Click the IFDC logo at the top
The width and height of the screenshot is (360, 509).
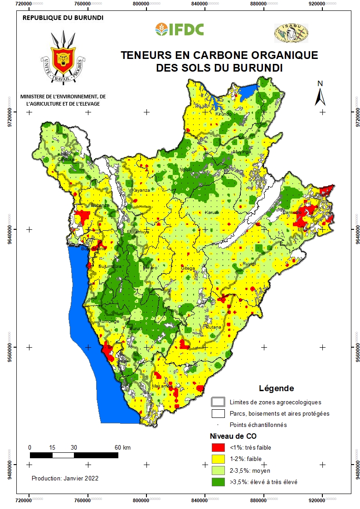[180, 29]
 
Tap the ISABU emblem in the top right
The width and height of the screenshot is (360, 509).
[291, 33]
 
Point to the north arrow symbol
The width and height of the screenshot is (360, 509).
[320, 94]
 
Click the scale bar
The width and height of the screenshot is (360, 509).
[74, 455]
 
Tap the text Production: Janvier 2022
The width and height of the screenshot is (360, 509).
[65, 478]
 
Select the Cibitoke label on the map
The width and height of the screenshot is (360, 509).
[66, 160]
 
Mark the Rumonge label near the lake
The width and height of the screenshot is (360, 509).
[109, 321]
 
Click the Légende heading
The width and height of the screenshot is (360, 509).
[276, 388]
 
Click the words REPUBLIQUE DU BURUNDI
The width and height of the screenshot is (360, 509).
[63, 18]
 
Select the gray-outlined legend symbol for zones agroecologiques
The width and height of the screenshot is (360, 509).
[218, 402]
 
